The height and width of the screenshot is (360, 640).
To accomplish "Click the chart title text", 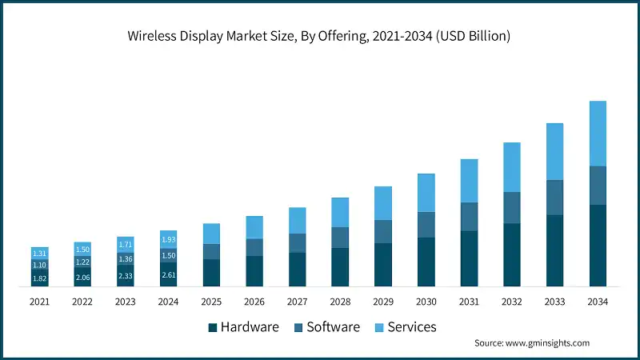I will pos(319,37).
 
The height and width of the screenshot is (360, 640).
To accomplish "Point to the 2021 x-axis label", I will pos(39,302).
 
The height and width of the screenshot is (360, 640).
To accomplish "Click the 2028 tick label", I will pos(340,302).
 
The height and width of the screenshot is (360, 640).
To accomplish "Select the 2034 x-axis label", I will pos(598,302).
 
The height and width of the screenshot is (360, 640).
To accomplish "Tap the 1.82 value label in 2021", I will pos(39,278).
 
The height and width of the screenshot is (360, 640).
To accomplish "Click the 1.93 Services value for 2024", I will pos(168,240).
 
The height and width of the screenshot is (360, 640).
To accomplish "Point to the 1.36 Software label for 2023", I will pos(126,259).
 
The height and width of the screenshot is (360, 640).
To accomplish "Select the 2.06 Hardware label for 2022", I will pos(82,276).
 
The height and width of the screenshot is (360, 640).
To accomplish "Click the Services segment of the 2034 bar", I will pos(598,133).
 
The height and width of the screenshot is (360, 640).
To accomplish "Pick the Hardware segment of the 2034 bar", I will pos(598,246).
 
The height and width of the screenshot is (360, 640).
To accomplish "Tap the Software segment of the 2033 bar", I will pos(554,198).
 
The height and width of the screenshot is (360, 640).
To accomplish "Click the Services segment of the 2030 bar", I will pos(426,192).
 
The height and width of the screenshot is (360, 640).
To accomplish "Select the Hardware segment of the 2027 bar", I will pos(297,269).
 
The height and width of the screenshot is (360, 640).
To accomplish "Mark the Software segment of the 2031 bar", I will pos(469,216).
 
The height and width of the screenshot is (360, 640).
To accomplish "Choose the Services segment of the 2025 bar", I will pos(211,233).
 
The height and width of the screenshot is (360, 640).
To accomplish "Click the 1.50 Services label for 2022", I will pos(82,250).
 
